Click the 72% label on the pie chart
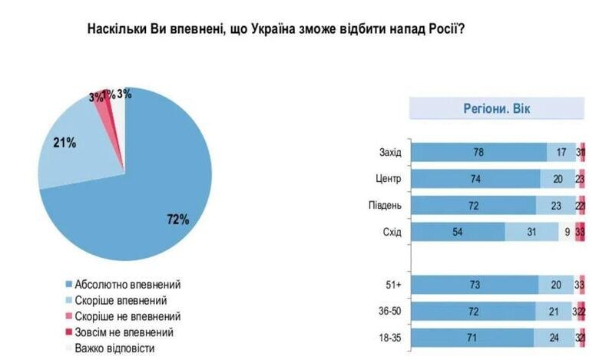point(177,220)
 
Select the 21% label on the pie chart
point(65,142)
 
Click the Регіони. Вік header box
point(495,108)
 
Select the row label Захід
point(391,152)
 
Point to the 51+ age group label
point(393,285)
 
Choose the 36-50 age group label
point(389,312)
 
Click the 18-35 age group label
point(389,338)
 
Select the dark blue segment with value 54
point(458,233)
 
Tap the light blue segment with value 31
point(531,233)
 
